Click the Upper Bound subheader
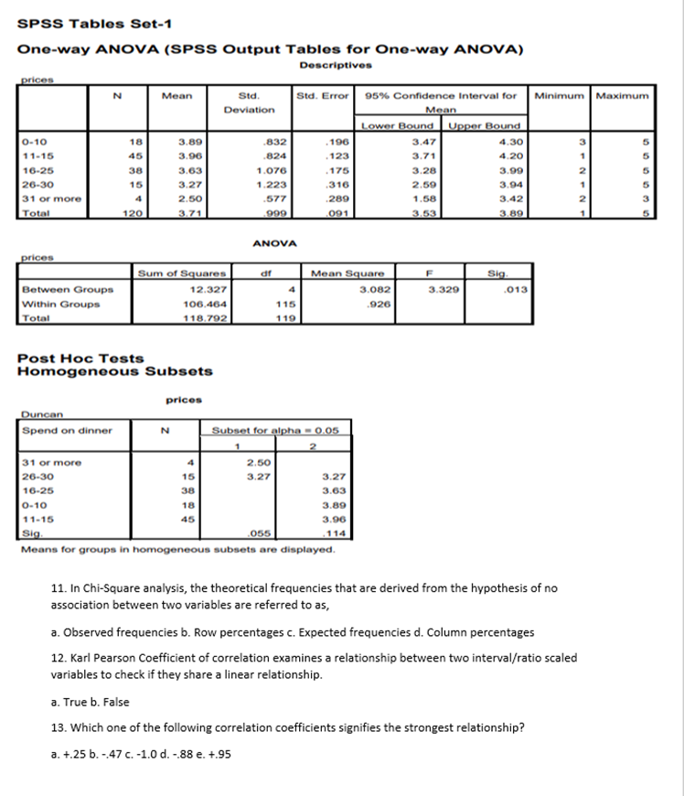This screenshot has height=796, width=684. coord(485,125)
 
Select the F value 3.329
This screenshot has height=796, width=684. coord(445,289)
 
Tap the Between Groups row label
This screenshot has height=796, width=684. coord(54,289)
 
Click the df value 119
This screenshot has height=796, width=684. coord(283,318)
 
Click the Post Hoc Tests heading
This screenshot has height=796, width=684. coord(80,359)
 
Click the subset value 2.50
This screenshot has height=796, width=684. coord(262,463)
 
